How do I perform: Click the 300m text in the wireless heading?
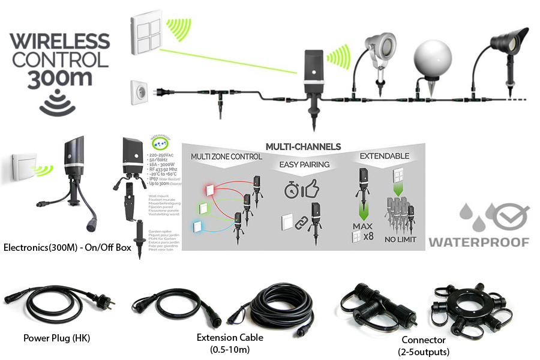point(59,79)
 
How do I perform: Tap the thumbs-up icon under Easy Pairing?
point(310,190)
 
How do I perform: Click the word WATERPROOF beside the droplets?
point(479,242)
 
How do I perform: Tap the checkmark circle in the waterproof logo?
point(511,214)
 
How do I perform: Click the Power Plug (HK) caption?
point(56,338)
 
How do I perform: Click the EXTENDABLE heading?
point(385,156)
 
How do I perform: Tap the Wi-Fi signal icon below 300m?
point(58,103)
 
